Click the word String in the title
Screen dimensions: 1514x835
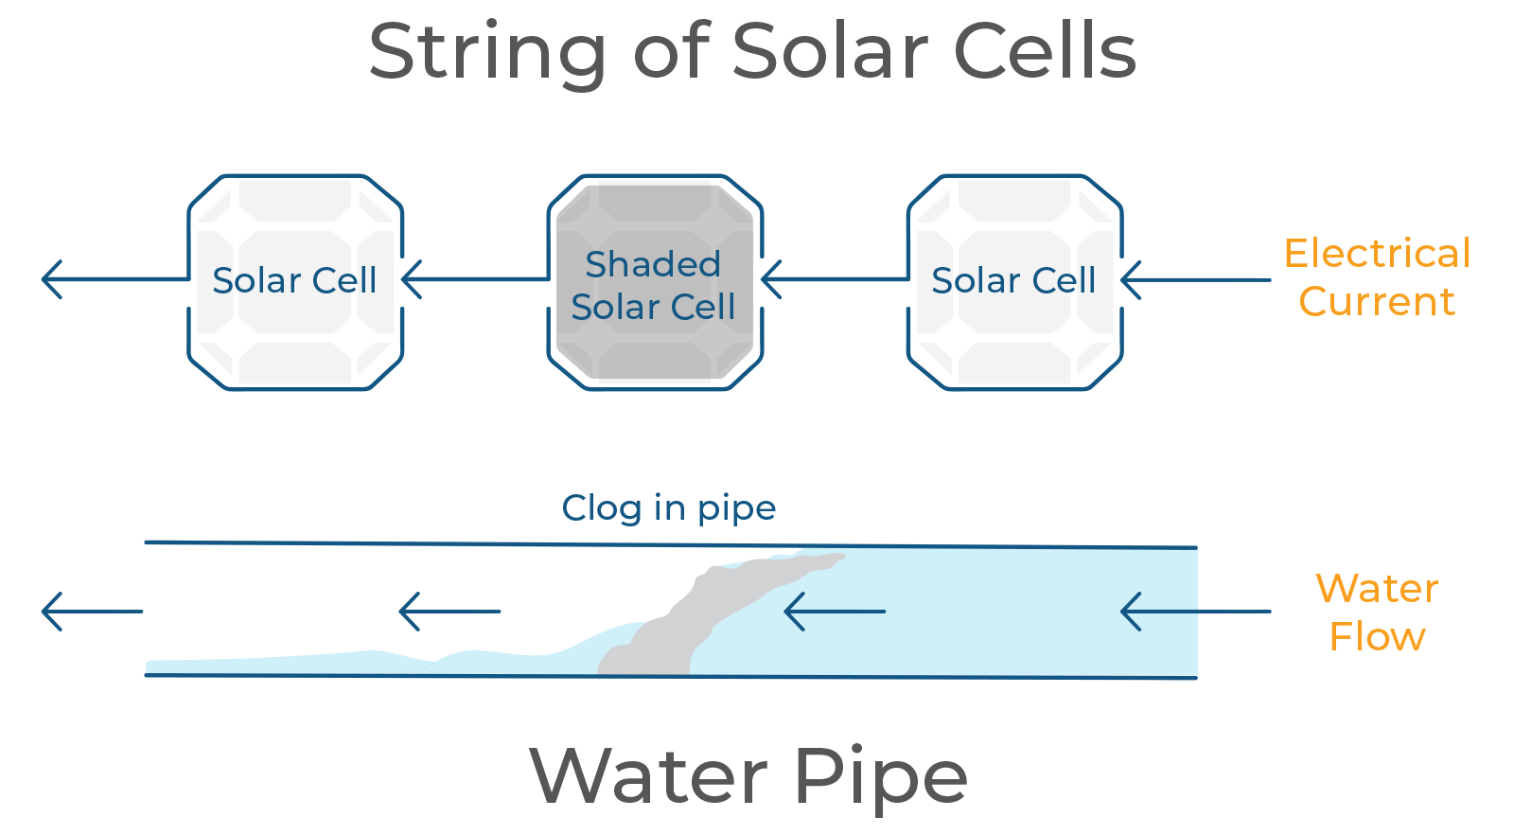(486, 54)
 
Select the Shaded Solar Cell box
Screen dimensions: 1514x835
(654, 282)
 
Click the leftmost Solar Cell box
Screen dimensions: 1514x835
(294, 282)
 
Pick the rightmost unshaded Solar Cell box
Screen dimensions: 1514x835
(1013, 282)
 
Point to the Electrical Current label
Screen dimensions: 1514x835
(1377, 277)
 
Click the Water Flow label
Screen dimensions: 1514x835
(1377, 612)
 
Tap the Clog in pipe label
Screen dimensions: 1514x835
(668, 508)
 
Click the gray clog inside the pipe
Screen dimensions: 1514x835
(703, 615)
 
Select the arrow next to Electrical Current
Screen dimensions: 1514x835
(1196, 279)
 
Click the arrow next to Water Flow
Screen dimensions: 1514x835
(1196, 612)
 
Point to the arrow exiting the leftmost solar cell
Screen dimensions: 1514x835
(114, 278)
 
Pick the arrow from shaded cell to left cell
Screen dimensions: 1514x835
(475, 278)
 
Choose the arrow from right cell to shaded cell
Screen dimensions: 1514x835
(835, 278)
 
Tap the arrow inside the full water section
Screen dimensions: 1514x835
(835, 612)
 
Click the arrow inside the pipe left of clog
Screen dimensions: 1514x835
(449, 612)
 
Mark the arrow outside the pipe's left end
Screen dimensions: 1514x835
(92, 612)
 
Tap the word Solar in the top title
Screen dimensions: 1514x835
(831, 50)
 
